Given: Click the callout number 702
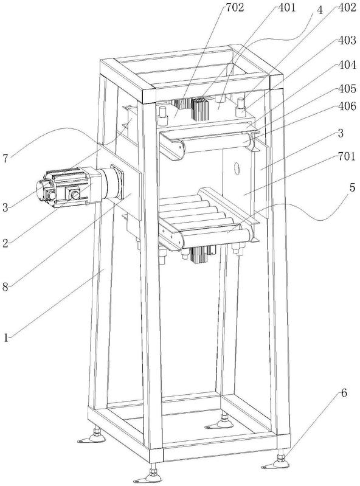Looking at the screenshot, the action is click(x=235, y=8).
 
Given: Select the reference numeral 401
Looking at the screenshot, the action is click(x=286, y=8).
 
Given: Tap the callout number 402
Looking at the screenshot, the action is click(x=347, y=8).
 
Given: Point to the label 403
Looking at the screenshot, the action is click(x=347, y=40).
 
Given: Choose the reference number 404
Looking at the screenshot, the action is click(x=347, y=65).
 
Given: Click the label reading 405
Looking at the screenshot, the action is click(x=347, y=89).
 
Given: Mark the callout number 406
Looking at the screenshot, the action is click(x=347, y=106).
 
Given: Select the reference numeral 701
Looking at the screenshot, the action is click(x=347, y=156).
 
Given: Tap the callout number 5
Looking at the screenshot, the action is click(x=353, y=188).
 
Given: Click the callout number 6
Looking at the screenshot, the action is click(x=344, y=394).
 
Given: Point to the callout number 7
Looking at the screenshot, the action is click(x=5, y=159).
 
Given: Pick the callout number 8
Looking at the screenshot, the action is click(x=5, y=287).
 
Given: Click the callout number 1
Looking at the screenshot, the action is click(x=6, y=337).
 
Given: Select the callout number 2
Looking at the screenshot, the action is click(x=5, y=243).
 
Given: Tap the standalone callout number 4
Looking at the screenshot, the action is click(x=320, y=10).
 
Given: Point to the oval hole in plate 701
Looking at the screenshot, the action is click(x=238, y=168).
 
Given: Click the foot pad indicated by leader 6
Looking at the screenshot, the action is click(x=275, y=464).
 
